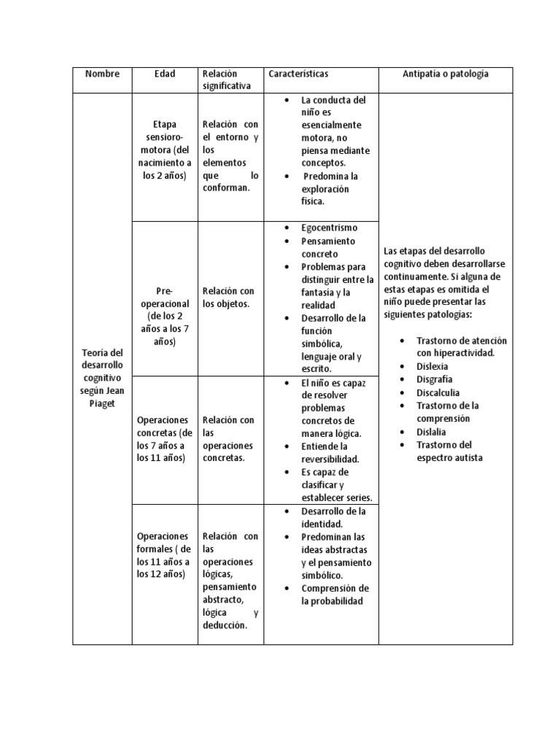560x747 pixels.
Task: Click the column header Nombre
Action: tap(102, 74)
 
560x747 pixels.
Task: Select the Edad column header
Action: tap(165, 74)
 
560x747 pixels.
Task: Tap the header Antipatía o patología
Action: tap(446, 74)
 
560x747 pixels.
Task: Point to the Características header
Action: tap(298, 74)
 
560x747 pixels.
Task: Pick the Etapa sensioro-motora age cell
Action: tap(165, 150)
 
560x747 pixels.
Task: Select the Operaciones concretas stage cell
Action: tap(165, 439)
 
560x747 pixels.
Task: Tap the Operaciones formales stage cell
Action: tap(165, 555)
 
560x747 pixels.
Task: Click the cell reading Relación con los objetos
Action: tap(229, 298)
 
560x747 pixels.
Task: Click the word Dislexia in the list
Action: tap(432, 366)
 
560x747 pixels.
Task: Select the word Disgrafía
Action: tap(434, 379)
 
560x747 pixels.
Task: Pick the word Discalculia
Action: tap(437, 392)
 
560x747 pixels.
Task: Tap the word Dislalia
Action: tap(432, 432)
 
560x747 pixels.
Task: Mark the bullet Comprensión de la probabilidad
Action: tap(335, 595)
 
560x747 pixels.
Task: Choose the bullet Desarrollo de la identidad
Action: tap(333, 517)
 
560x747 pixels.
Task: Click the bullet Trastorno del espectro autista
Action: tap(449, 451)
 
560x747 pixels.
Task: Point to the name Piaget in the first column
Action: tap(102, 403)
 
